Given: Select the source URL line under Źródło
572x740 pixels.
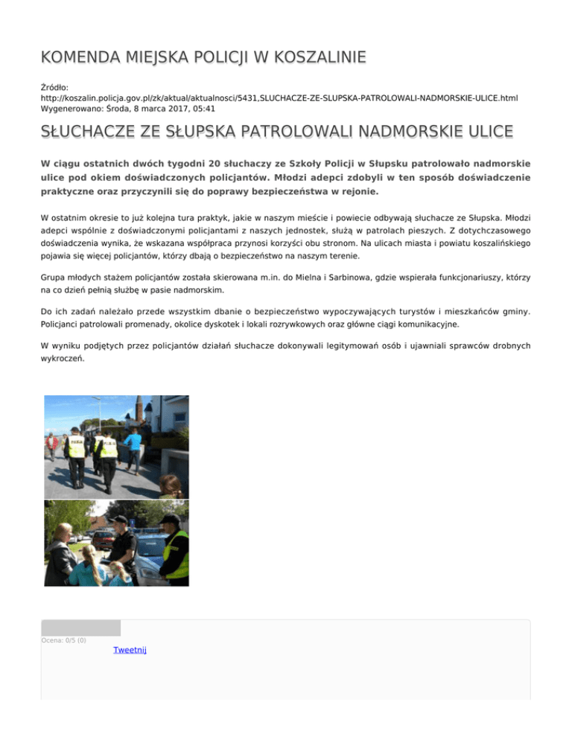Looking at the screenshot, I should pos(279,98).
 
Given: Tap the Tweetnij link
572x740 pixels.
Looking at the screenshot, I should pos(130,650).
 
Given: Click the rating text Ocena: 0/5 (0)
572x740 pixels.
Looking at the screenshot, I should pos(63,640).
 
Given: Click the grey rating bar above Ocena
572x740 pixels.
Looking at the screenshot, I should pos(80,628).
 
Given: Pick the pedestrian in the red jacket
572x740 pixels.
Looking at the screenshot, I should pos(51,445).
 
